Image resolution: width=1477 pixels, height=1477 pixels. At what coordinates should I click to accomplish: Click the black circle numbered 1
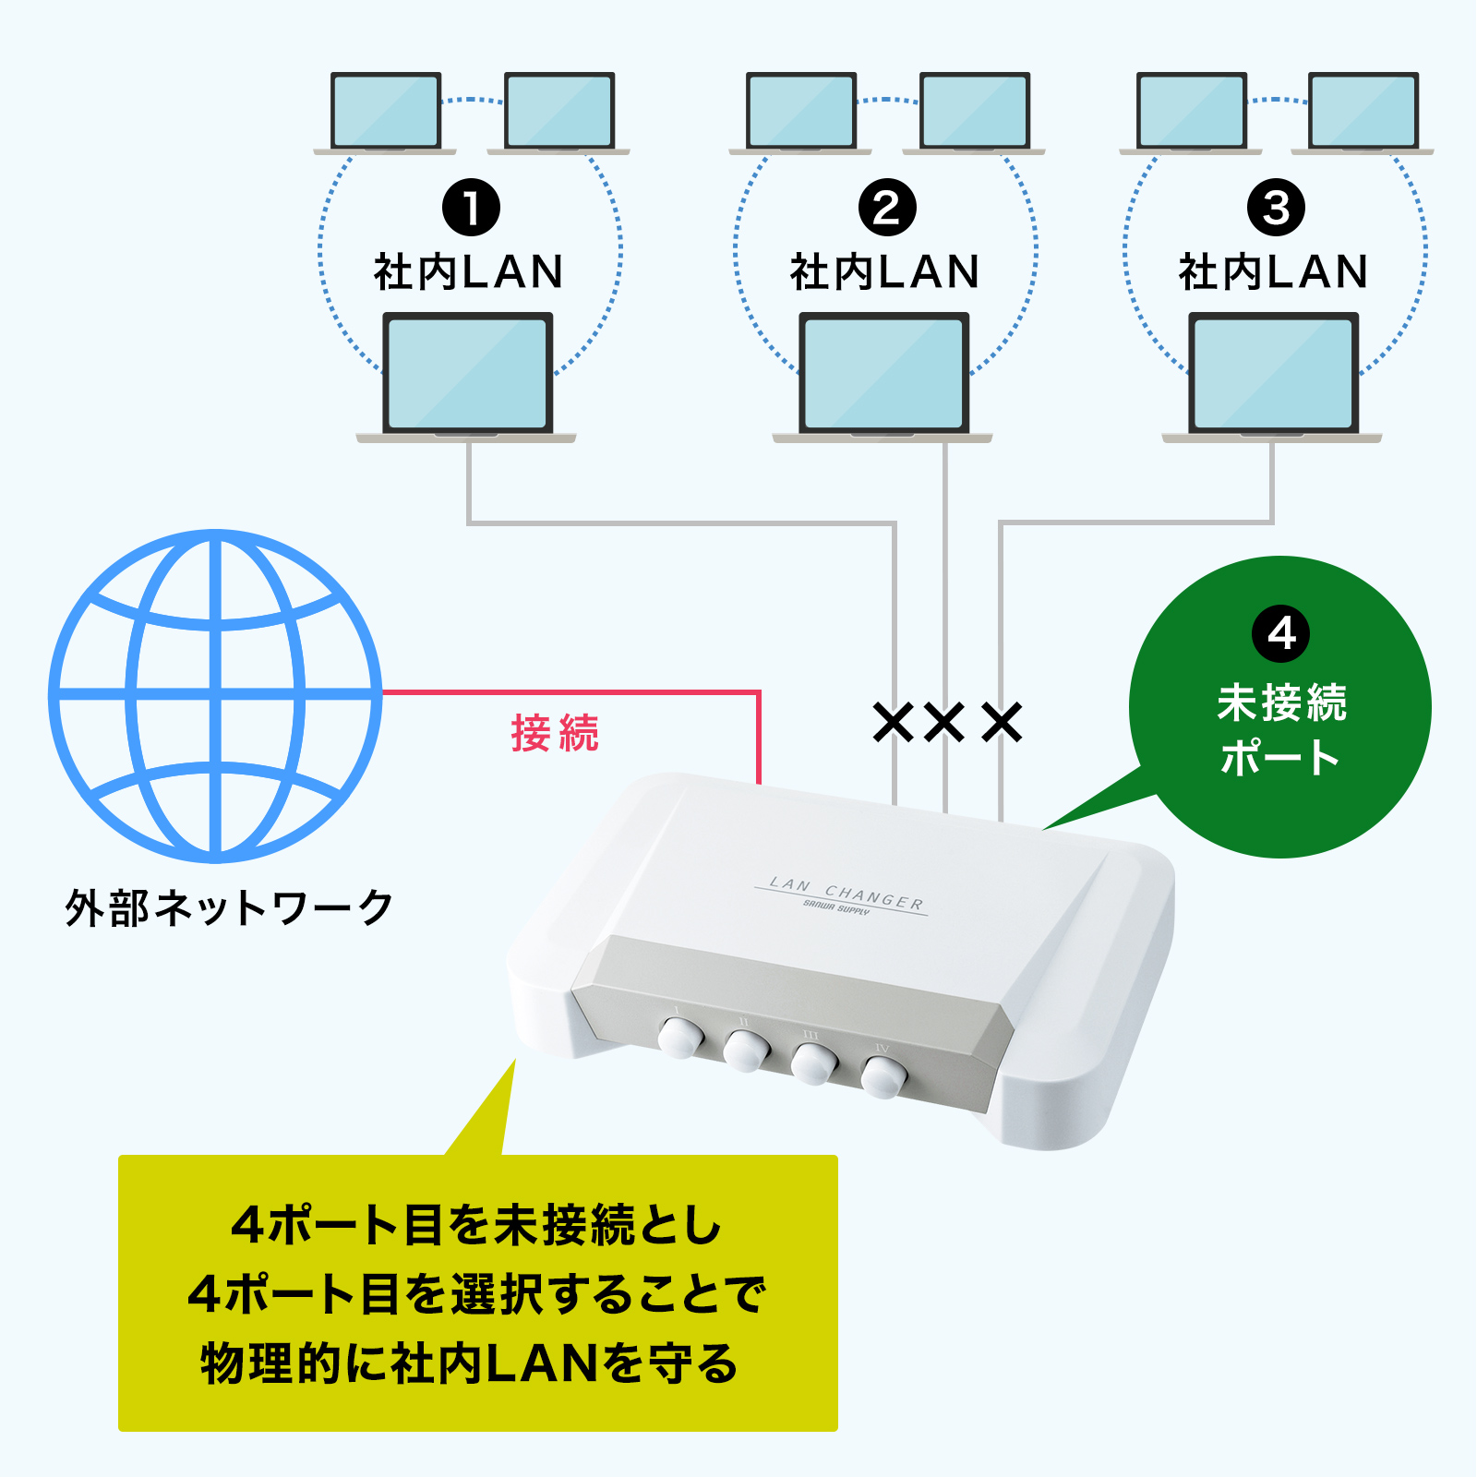(x=471, y=208)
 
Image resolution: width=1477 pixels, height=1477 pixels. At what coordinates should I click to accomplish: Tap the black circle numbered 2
(x=887, y=208)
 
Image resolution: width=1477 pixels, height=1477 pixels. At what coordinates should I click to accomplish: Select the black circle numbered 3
(x=1276, y=208)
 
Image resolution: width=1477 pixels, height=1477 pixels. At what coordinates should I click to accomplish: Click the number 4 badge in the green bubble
(x=1280, y=633)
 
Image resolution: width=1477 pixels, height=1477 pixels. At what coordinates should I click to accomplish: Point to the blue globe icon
(x=216, y=695)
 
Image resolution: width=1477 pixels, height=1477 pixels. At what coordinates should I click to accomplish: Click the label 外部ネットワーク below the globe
(x=229, y=908)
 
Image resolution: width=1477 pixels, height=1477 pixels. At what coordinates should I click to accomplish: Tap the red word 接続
(x=555, y=734)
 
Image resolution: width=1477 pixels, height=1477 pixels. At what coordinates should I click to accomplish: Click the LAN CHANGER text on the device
(x=846, y=893)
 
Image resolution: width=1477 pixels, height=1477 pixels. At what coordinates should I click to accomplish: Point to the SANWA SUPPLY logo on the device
(x=836, y=909)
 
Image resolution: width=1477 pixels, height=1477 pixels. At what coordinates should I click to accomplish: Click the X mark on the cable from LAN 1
(x=894, y=723)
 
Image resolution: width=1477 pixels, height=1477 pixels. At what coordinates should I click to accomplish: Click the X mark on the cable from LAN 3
(x=1002, y=723)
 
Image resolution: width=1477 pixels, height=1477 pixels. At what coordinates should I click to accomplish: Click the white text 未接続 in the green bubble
(x=1281, y=703)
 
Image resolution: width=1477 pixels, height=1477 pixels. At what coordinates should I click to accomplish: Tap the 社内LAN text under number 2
(x=884, y=272)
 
